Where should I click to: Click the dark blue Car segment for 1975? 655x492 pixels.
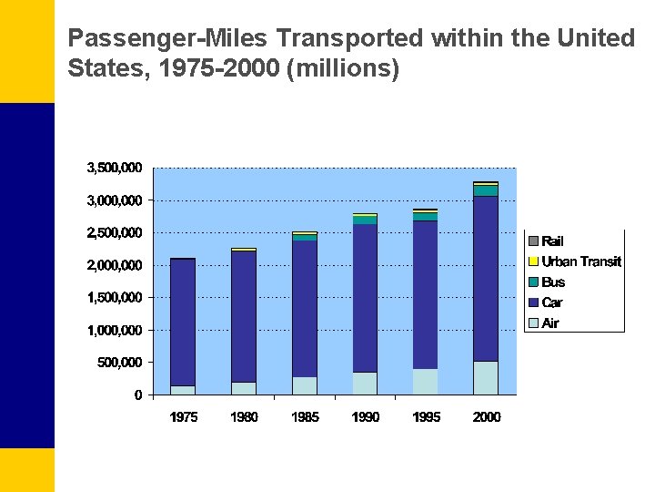[183, 323]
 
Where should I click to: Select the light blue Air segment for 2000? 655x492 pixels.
[486, 378]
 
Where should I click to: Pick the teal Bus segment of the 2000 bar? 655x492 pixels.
[486, 190]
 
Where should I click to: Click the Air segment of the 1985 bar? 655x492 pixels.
[304, 385]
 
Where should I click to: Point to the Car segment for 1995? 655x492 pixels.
[425, 294]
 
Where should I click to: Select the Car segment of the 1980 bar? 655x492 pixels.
[243, 316]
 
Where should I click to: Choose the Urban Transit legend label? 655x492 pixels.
[581, 261]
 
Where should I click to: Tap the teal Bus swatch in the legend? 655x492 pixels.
[534, 282]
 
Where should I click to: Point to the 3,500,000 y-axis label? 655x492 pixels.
[114, 168]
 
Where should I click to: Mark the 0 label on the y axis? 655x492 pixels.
[138, 395]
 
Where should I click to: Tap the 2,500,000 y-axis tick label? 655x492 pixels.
[114, 232]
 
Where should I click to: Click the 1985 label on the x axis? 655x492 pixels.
[305, 417]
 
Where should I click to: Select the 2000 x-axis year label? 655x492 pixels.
[487, 417]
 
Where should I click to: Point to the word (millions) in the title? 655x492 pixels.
[342, 69]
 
